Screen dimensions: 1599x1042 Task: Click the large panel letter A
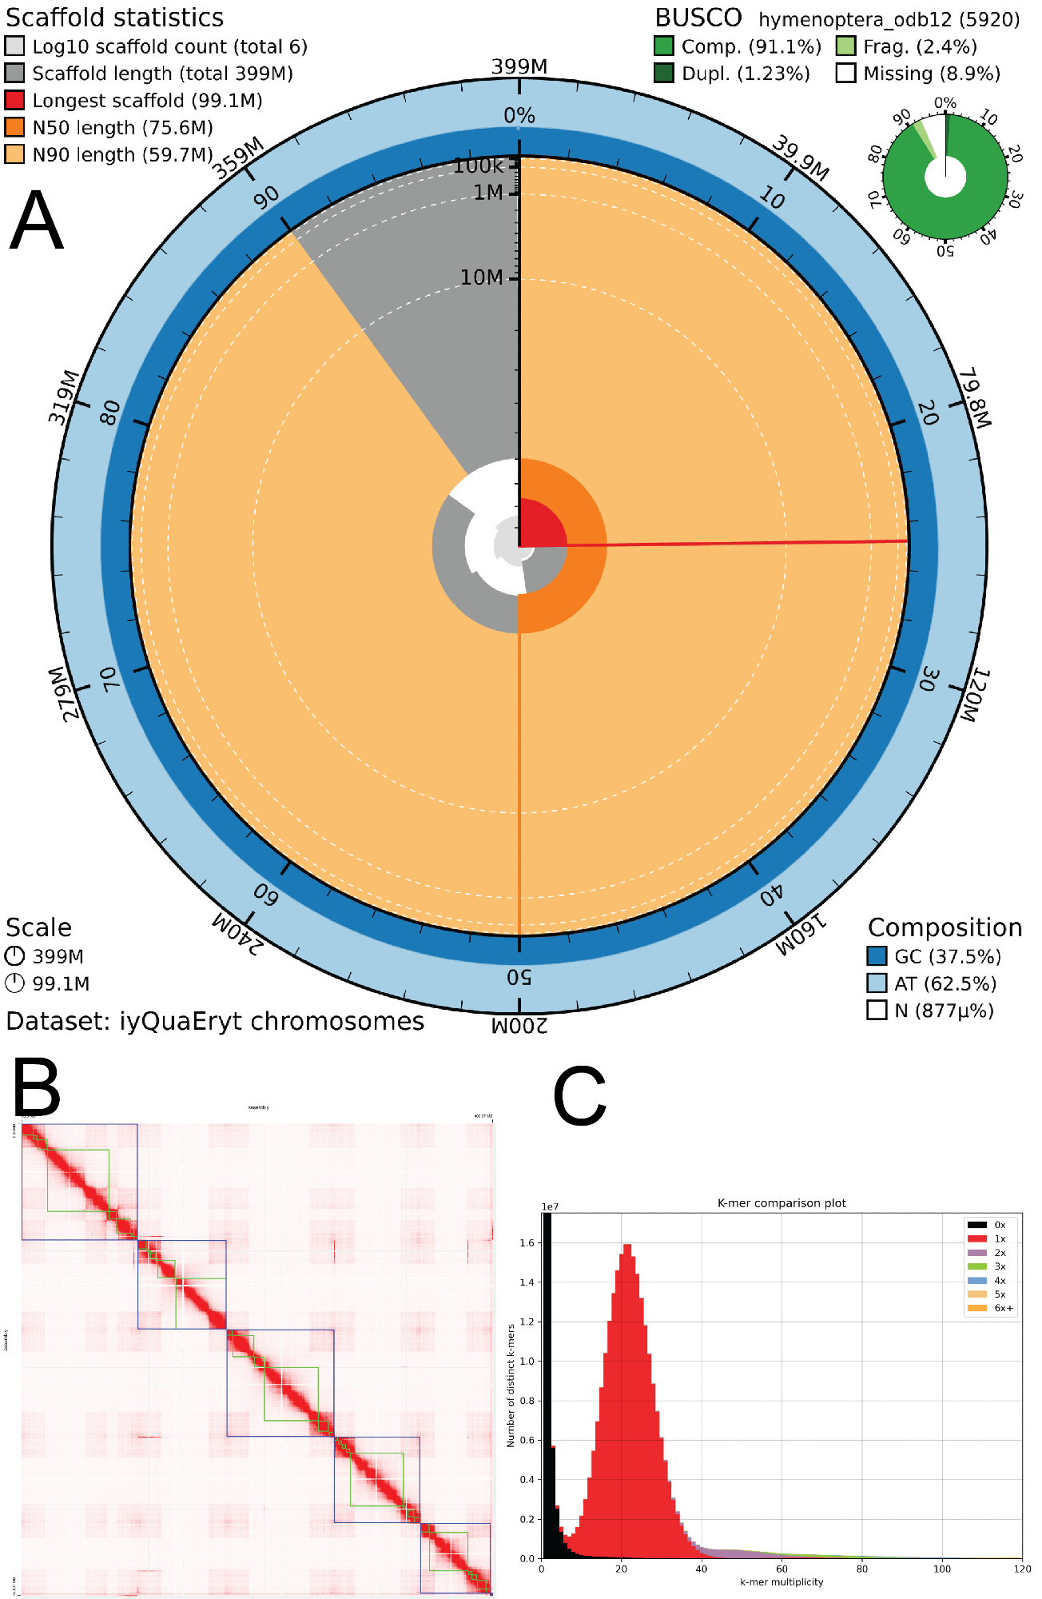click(x=36, y=221)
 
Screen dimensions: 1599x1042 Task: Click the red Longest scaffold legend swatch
click(x=14, y=101)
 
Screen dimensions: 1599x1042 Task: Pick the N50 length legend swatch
click(x=14, y=128)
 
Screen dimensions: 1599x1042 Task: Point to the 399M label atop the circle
click(x=519, y=66)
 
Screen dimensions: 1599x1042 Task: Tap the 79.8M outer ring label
click(x=974, y=398)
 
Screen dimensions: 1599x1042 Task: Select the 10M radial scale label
click(x=481, y=277)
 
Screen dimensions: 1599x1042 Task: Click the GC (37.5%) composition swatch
click(x=877, y=956)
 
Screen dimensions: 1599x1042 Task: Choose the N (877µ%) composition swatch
click(x=877, y=1011)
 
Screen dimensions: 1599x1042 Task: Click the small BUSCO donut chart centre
click(x=945, y=177)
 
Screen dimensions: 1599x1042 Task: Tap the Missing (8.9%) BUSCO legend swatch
click(x=846, y=74)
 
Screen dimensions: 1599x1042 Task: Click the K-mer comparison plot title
click(x=781, y=1203)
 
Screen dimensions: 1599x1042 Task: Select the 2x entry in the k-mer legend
click(x=1000, y=1253)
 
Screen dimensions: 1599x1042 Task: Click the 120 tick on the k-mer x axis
click(x=1022, y=1569)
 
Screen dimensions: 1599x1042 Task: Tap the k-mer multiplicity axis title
click(x=781, y=1581)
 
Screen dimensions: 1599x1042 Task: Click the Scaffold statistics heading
click(x=115, y=18)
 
